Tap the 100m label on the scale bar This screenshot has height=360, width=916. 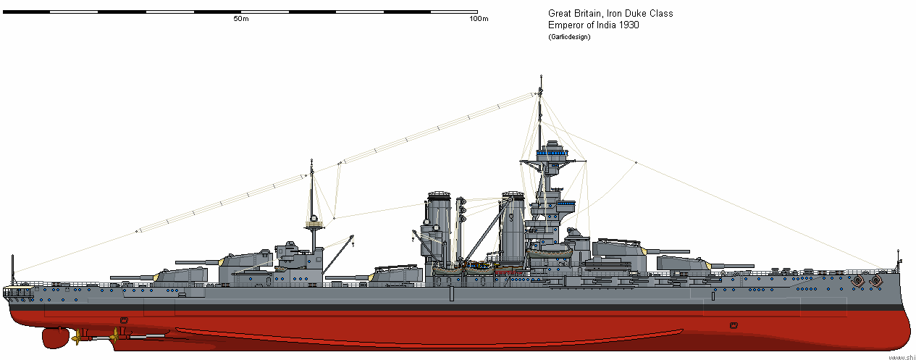[x=479, y=19]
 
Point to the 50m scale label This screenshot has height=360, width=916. [x=241, y=19]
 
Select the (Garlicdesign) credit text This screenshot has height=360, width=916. [x=569, y=37]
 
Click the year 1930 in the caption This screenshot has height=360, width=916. [x=627, y=25]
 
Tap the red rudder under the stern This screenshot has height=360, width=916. [x=54, y=337]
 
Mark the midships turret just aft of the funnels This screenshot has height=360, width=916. [x=395, y=275]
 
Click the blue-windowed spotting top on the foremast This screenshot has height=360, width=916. [x=555, y=153]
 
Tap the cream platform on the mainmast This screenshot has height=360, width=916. [x=313, y=225]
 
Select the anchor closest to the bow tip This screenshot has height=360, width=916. [x=876, y=279]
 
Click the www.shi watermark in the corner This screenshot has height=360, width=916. [x=901, y=356]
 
